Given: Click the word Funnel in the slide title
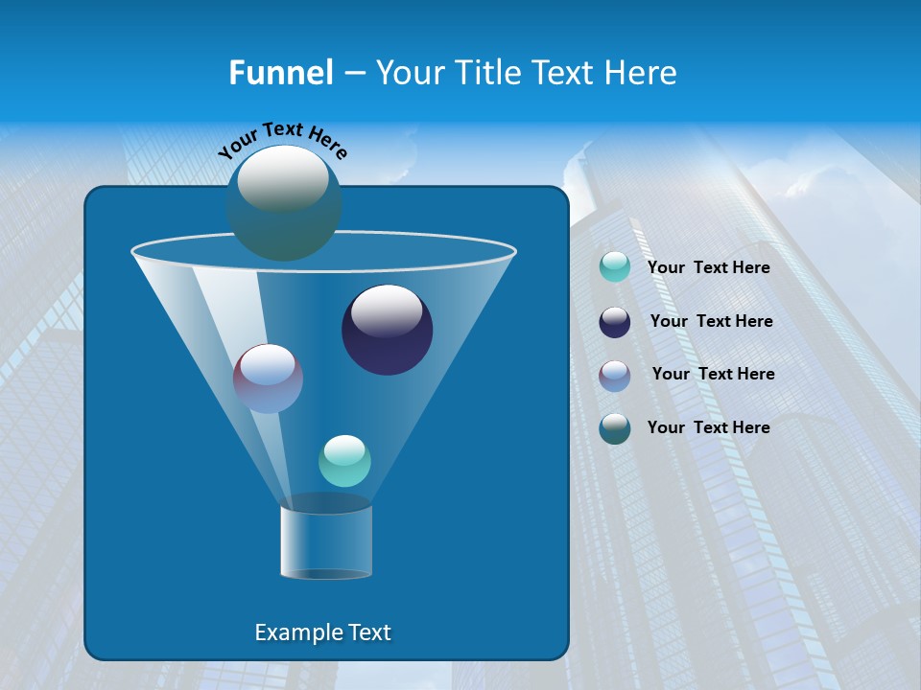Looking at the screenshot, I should click(280, 73).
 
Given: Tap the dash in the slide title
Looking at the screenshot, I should click(353, 74).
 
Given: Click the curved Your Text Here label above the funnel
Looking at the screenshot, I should click(282, 140).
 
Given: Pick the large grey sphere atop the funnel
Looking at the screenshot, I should click(284, 203).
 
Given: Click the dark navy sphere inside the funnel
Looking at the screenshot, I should click(388, 330).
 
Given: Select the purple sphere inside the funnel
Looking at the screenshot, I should click(268, 379).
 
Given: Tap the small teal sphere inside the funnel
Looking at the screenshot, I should click(344, 461).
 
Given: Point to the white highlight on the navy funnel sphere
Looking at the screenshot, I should click(387, 310).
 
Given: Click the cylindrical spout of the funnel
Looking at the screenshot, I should click(326, 542).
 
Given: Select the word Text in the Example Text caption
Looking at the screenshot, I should click(369, 632).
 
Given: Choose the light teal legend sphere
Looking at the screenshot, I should click(615, 267).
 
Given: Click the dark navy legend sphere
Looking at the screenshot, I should click(615, 322).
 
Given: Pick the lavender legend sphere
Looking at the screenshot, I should click(615, 376).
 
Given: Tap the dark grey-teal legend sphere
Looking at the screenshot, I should click(615, 428).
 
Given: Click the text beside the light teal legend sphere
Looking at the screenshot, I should click(708, 267).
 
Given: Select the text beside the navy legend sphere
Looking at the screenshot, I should click(711, 321).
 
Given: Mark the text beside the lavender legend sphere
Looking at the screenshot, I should click(713, 374).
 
